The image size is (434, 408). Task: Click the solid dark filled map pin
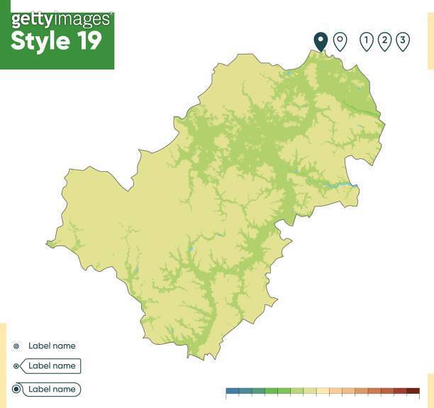(321, 40)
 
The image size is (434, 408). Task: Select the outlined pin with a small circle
(340, 40)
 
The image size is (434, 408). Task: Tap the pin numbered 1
(366, 41)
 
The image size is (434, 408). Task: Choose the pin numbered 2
(384, 41)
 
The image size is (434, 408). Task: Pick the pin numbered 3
(402, 41)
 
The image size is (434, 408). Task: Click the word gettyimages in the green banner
(61, 19)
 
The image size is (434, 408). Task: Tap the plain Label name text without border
(52, 346)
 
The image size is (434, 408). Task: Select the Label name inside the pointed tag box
(52, 366)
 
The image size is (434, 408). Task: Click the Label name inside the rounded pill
(52, 390)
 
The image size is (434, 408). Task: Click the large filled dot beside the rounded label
(16, 390)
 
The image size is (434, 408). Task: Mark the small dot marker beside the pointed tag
(16, 366)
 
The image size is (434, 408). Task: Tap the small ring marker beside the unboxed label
(16, 346)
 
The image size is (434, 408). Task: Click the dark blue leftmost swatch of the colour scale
(232, 391)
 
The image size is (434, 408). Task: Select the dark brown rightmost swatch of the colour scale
(413, 391)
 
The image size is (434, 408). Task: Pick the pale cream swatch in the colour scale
(323, 391)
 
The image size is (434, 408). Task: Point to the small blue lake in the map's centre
(191, 248)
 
